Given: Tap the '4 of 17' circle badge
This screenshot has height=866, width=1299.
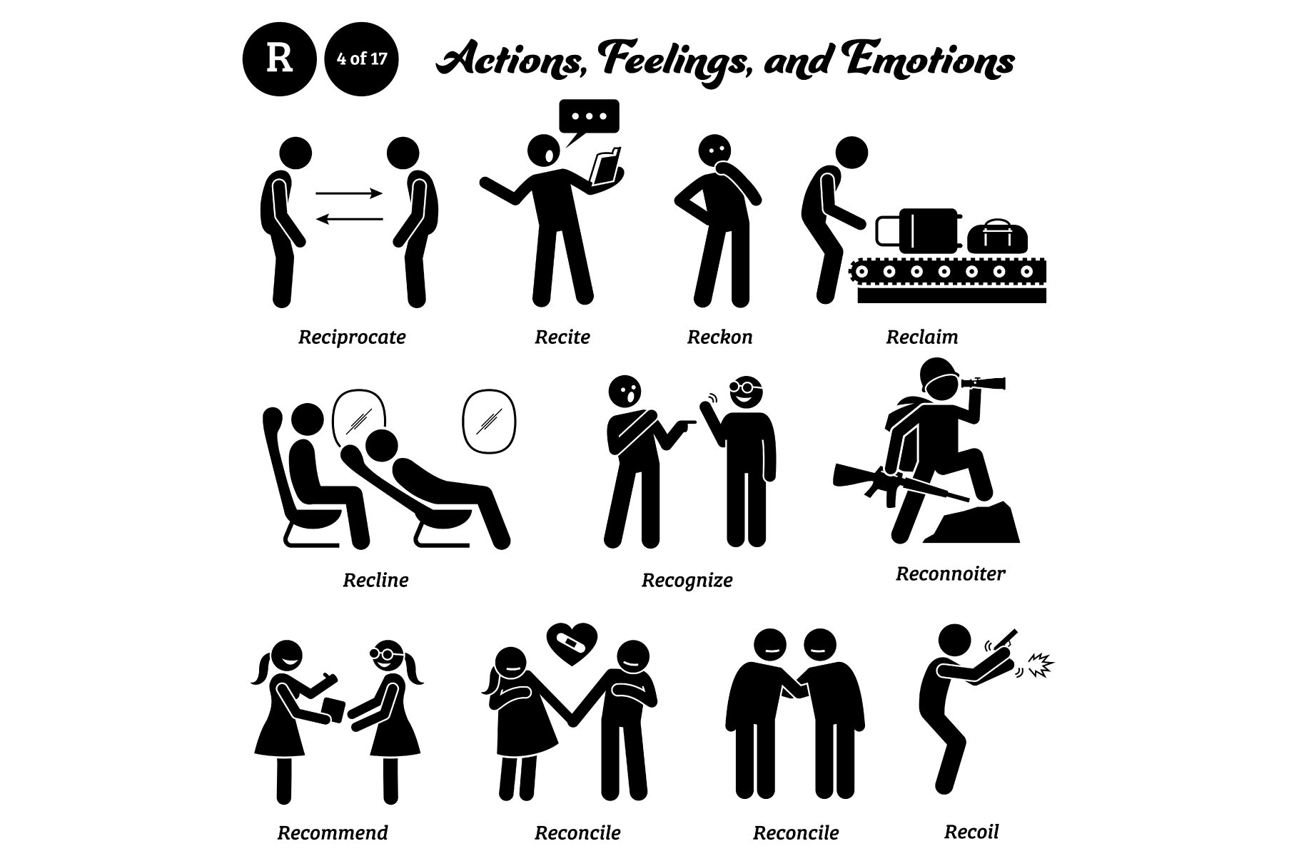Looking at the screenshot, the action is tap(362, 59).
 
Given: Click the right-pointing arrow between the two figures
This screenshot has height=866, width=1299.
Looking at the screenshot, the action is tap(349, 193).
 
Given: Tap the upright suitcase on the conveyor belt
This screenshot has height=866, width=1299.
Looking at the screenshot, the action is tap(918, 230).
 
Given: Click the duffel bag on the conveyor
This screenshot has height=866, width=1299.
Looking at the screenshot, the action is tap(997, 235).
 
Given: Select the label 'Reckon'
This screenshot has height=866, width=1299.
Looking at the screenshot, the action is tap(719, 337).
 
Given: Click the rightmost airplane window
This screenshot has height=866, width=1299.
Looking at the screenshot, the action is tap(489, 420).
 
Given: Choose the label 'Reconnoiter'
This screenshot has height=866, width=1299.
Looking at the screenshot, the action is tap(950, 574).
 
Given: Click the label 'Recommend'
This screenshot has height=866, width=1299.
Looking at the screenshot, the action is tap(333, 832).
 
